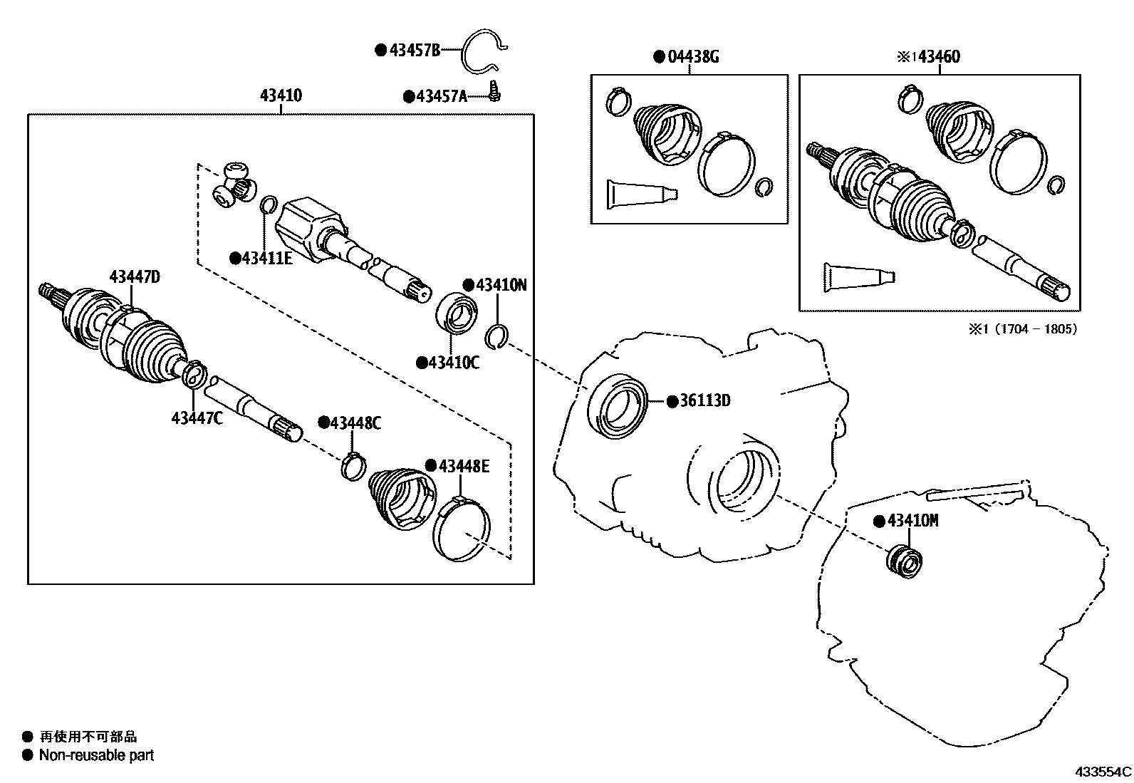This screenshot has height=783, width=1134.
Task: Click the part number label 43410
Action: [281, 95]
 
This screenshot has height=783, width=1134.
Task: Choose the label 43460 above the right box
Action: [939, 56]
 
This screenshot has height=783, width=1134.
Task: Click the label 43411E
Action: [266, 258]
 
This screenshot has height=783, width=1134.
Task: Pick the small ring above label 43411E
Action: [269, 205]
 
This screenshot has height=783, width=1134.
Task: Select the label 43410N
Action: [501, 285]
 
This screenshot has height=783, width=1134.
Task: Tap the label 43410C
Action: [453, 363]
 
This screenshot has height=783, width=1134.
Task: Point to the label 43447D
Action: [134, 276]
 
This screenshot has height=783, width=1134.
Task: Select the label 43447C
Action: [197, 418]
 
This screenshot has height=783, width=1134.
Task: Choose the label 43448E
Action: [464, 466]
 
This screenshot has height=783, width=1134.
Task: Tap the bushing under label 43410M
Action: [903, 559]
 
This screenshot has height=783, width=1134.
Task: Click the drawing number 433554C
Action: [1103, 771]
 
